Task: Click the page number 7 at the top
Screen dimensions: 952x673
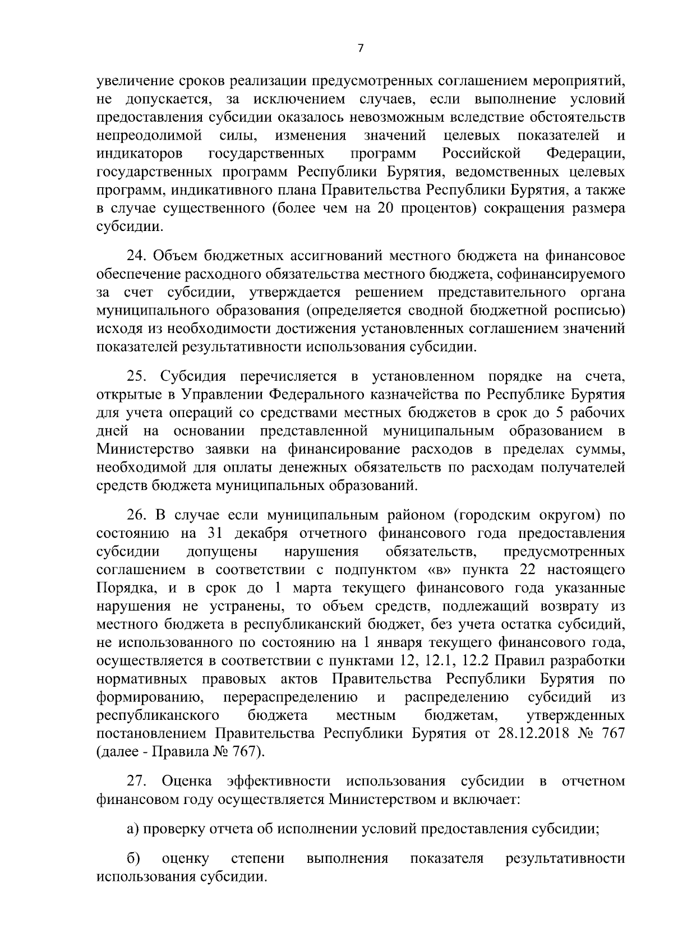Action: click(x=361, y=49)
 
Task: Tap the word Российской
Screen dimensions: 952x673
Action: click(x=481, y=153)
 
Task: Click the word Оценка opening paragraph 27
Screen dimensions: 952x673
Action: click(x=186, y=781)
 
